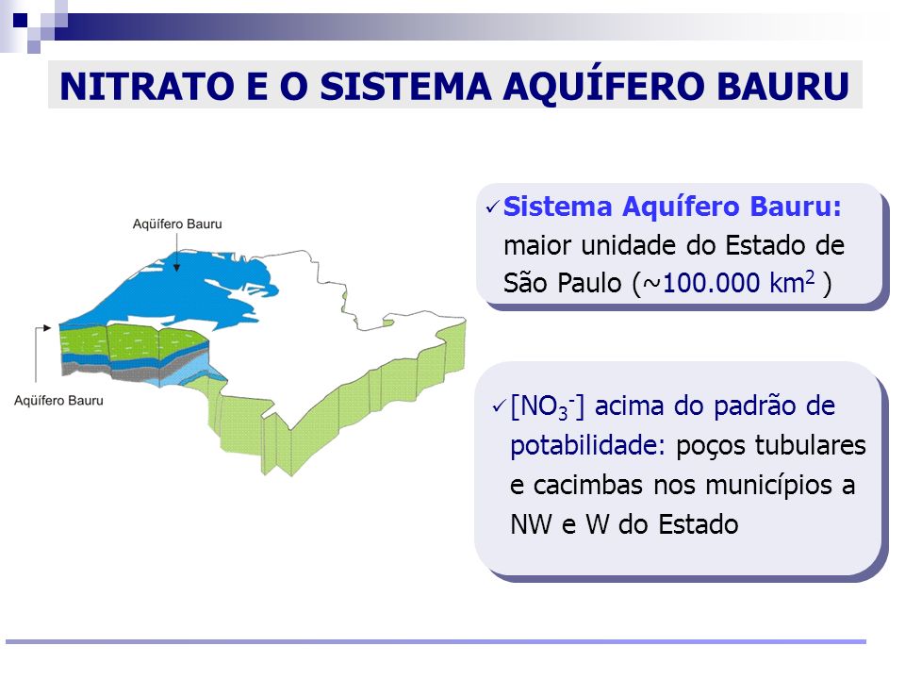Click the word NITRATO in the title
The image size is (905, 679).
click(147, 87)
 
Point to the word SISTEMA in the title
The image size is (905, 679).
click(405, 87)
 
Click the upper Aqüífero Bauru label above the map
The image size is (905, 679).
click(177, 224)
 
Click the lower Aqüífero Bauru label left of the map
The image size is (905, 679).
click(58, 401)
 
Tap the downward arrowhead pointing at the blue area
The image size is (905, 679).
click(176, 267)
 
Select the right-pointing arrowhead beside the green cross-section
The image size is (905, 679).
click(47, 328)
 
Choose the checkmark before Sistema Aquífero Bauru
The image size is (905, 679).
click(492, 207)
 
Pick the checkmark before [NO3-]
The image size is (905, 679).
click(499, 406)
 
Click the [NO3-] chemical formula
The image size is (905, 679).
click(547, 407)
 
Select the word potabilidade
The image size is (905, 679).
click(588, 446)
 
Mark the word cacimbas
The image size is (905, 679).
click(587, 485)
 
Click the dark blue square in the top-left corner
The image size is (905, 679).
click(20, 21)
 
